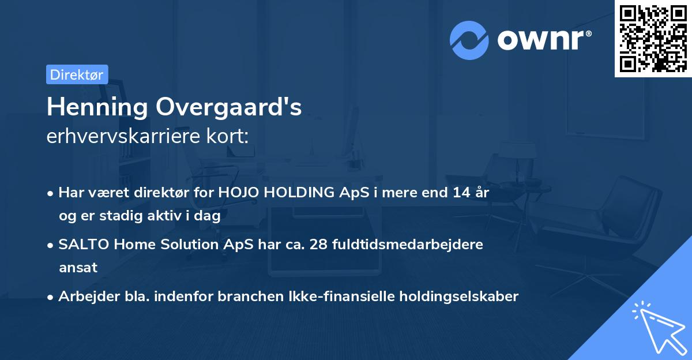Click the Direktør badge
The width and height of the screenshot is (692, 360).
click(x=77, y=74)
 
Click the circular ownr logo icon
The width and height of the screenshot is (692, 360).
click(x=469, y=40)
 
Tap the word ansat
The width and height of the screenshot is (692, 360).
click(x=78, y=268)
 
